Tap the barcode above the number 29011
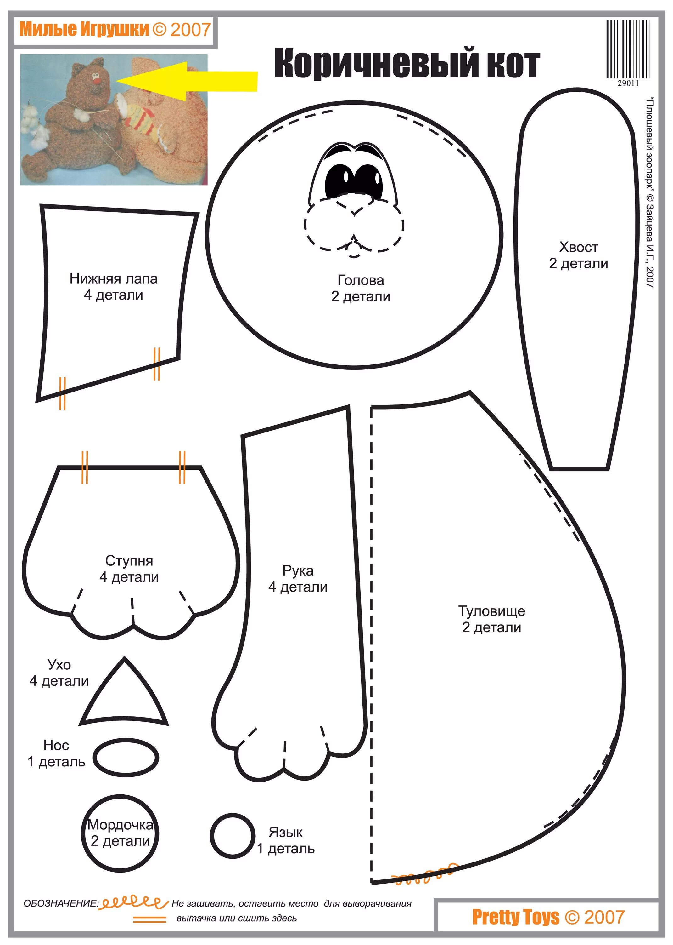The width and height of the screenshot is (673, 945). click(x=627, y=49)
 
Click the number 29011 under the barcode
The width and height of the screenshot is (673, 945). click(x=628, y=83)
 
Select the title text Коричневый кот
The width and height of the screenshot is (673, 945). click(x=407, y=63)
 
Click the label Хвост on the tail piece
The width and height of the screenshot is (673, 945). click(x=579, y=247)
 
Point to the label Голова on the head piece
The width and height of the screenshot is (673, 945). click(x=361, y=280)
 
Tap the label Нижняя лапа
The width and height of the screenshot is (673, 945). click(x=113, y=279)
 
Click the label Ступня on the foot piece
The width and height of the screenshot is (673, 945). click(x=129, y=561)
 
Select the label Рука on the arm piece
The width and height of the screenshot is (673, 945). click(x=298, y=571)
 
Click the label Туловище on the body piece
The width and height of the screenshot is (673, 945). click(x=491, y=611)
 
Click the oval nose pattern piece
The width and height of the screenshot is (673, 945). click(x=126, y=758)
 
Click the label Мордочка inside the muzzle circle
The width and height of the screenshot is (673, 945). click(x=120, y=825)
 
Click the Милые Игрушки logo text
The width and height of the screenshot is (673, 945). click(x=84, y=29)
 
